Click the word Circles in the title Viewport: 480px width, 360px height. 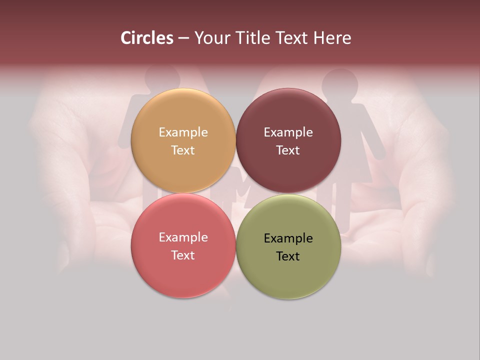click(146, 38)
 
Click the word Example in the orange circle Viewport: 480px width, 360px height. click(183, 132)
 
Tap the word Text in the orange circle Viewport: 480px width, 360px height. click(183, 150)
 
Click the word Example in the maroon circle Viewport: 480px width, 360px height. click(288, 132)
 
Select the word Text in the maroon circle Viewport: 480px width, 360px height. click(288, 150)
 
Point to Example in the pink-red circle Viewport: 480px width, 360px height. click(183, 237)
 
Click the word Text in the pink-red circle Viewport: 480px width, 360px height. click(183, 255)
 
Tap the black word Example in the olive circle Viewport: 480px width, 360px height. click(288, 238)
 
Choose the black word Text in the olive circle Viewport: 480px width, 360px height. click(288, 256)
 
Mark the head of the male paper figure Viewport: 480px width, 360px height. click(162, 77)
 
